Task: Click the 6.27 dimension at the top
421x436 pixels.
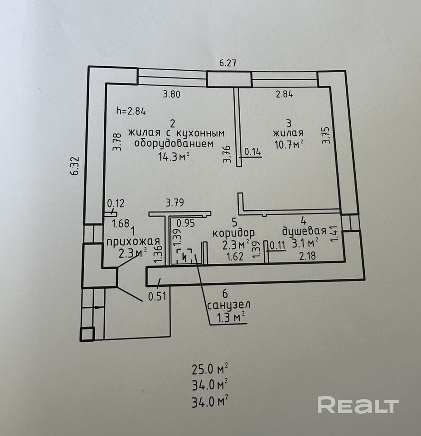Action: coord(228,63)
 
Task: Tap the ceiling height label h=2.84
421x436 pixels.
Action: coord(131,111)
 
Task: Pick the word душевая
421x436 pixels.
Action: coord(304,231)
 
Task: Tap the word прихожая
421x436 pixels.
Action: coord(133,241)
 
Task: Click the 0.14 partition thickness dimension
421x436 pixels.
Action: coord(253,152)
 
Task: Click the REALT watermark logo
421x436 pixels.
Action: coord(358,405)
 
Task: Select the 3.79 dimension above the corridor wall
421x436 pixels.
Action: coord(174,203)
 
